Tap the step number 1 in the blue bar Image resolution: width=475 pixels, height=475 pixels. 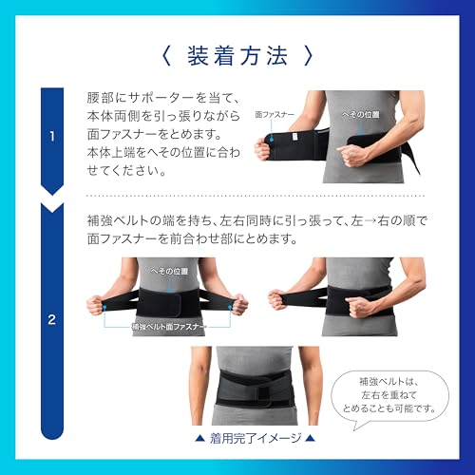(51, 137)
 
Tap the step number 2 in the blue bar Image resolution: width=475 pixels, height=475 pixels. (51, 319)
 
